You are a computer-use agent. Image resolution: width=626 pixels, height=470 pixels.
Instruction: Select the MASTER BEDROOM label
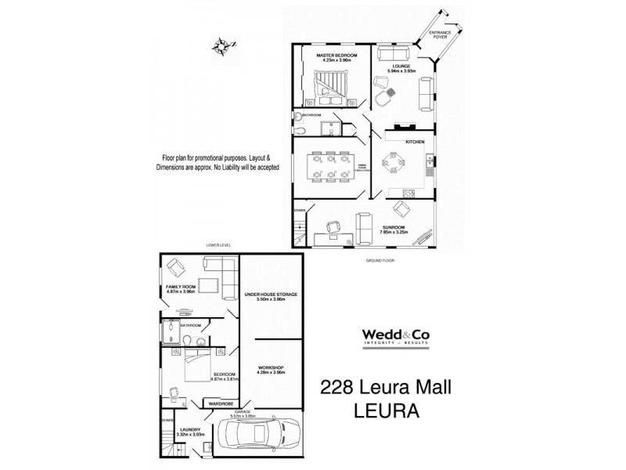[x=336, y=56]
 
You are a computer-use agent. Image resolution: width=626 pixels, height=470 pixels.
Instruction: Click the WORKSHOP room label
[x=271, y=367]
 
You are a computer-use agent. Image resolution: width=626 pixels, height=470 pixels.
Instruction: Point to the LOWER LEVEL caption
[x=220, y=245]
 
